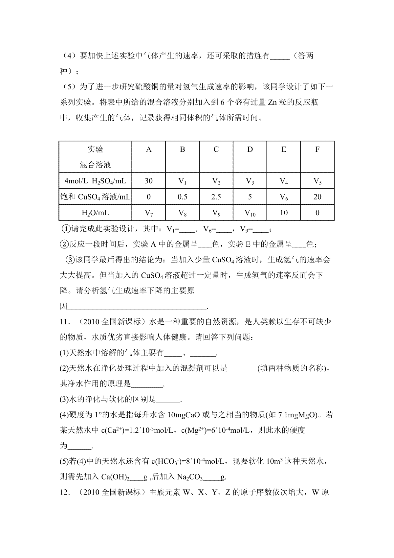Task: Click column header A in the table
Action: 149,150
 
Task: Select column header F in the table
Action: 317,150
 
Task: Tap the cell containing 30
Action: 149,181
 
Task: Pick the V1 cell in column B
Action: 183,181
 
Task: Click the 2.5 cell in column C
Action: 216,197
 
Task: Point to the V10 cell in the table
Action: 250,213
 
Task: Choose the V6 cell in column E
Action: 284,197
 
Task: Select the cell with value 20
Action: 317,197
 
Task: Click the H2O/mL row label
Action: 95,213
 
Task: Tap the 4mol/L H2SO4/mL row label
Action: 95,181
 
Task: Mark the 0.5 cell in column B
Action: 183,197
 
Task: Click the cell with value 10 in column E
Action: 284,213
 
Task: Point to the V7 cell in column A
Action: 149,213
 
